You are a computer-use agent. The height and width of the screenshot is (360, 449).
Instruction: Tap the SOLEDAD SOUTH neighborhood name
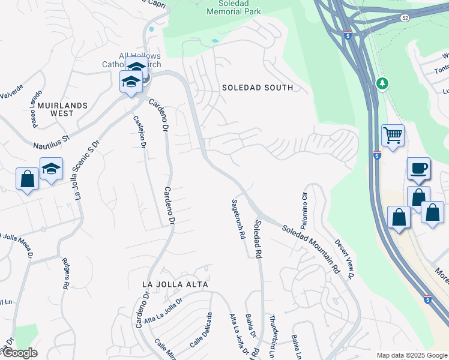pos(257,88)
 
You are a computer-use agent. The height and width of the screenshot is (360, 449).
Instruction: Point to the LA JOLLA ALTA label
pos(175,284)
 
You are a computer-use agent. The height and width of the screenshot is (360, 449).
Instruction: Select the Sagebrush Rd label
pos(239,220)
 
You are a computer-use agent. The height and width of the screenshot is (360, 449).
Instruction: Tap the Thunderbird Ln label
pos(273,332)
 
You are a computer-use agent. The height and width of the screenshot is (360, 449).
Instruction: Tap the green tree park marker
pos(381,82)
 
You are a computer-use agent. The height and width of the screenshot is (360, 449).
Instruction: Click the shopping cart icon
pos(393,136)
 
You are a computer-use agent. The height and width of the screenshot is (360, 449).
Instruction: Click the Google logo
pos(19,353)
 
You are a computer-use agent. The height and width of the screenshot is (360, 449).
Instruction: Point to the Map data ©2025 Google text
pos(411,355)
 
